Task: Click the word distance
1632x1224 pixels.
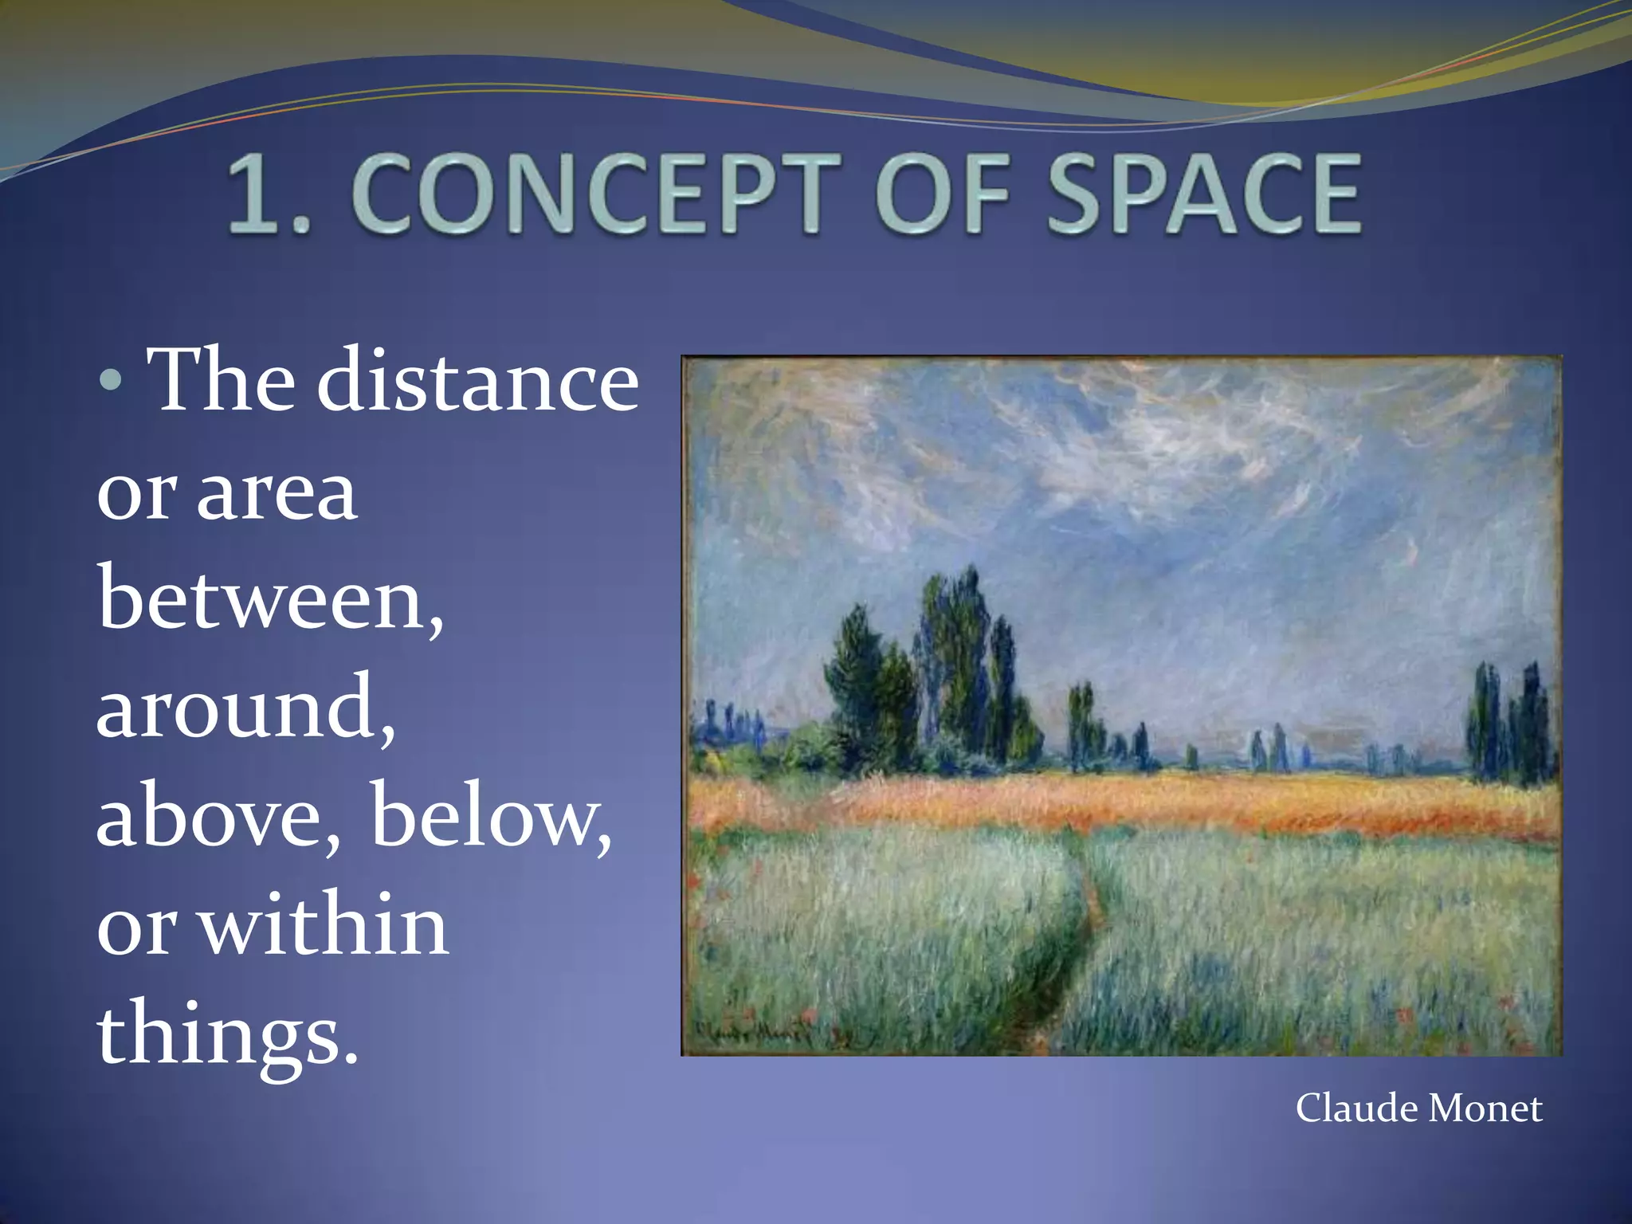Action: click(478, 381)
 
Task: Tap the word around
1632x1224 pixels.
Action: click(245, 708)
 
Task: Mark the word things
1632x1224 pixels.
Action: click(227, 1034)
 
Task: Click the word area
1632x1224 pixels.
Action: click(277, 492)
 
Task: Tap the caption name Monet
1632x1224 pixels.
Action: click(1485, 1108)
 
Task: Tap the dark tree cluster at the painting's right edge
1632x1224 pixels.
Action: click(1510, 721)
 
